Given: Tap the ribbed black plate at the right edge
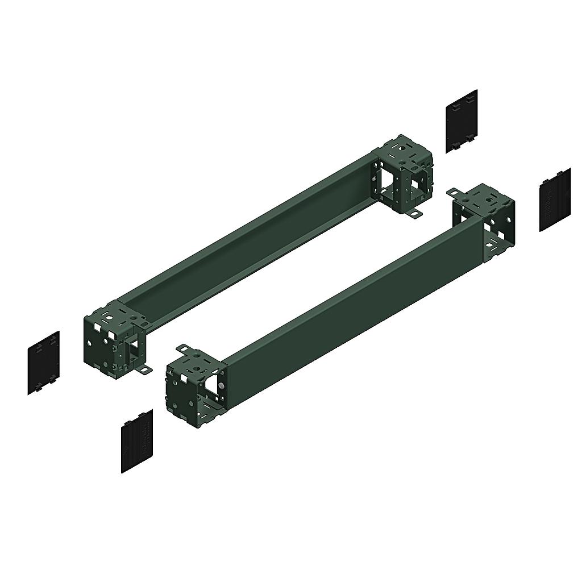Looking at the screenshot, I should pos(555,199).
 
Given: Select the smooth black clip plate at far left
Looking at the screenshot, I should pos(43,363).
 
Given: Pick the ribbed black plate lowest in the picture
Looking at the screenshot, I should pos(137,440).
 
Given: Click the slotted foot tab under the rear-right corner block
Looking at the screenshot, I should pos(414,214).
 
